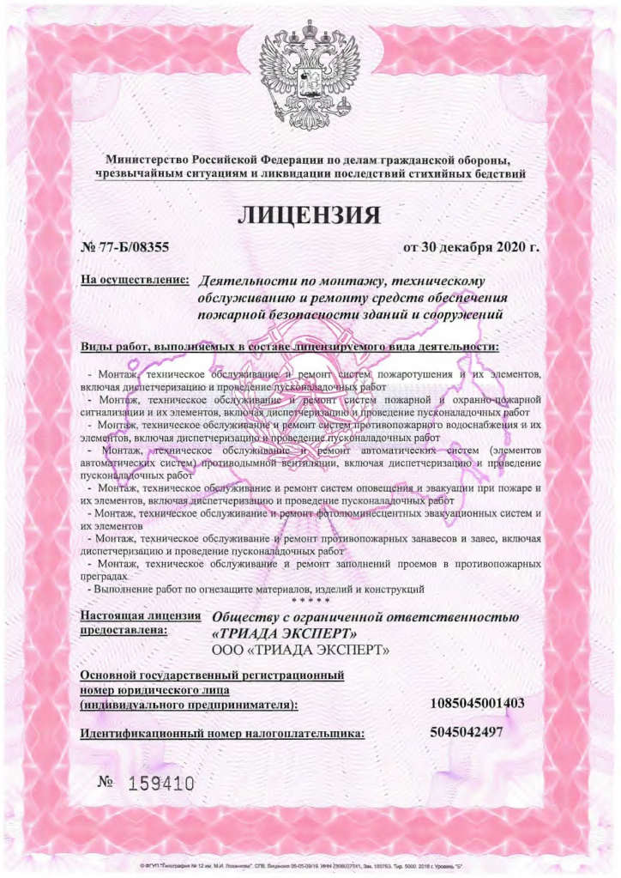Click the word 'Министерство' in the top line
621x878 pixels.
(146, 160)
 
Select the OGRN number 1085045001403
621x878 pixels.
(477, 704)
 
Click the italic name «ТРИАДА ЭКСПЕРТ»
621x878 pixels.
(278, 633)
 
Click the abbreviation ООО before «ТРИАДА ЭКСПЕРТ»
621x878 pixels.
(226, 651)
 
